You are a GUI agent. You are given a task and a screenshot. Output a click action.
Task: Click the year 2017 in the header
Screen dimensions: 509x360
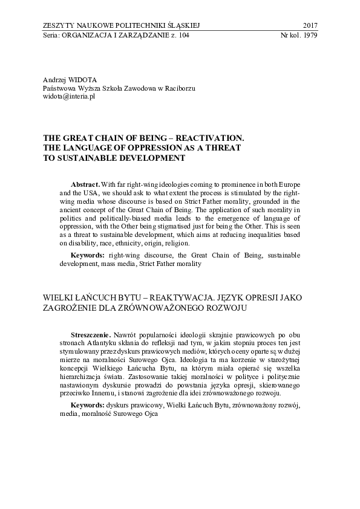(x=309, y=25)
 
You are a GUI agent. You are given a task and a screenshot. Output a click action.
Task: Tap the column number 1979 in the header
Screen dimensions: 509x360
(x=309, y=34)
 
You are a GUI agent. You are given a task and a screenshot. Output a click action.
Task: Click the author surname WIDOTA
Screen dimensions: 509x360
(x=83, y=79)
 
